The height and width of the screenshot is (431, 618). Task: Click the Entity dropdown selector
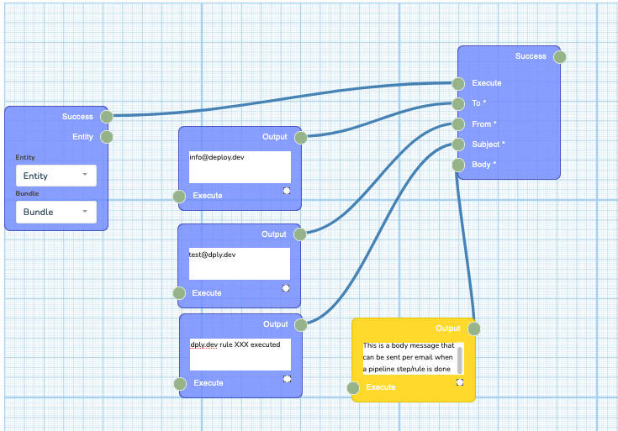click(55, 176)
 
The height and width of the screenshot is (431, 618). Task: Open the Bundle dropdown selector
click(55, 212)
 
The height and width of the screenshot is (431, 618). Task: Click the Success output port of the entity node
click(107, 117)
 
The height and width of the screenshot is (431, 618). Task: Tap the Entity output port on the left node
click(107, 137)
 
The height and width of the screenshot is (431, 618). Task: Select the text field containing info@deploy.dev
click(240, 166)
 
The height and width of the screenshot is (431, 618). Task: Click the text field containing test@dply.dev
click(240, 263)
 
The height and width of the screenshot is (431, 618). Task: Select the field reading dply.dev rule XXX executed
click(240, 354)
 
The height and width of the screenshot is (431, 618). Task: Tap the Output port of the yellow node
click(473, 329)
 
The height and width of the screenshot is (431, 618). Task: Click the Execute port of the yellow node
click(355, 388)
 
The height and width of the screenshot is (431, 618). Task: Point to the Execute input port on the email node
click(458, 83)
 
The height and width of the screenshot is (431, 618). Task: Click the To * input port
click(458, 104)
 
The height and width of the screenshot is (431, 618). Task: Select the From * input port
click(458, 124)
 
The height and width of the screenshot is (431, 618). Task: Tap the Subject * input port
click(458, 145)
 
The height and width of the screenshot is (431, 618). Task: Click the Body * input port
click(458, 165)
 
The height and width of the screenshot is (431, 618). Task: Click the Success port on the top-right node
click(560, 57)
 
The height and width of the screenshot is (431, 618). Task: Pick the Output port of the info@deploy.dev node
click(300, 137)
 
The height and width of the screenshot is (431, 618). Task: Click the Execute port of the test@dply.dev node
click(179, 293)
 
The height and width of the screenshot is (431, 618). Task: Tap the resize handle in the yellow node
click(460, 382)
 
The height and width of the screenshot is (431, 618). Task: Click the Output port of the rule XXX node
click(301, 324)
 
